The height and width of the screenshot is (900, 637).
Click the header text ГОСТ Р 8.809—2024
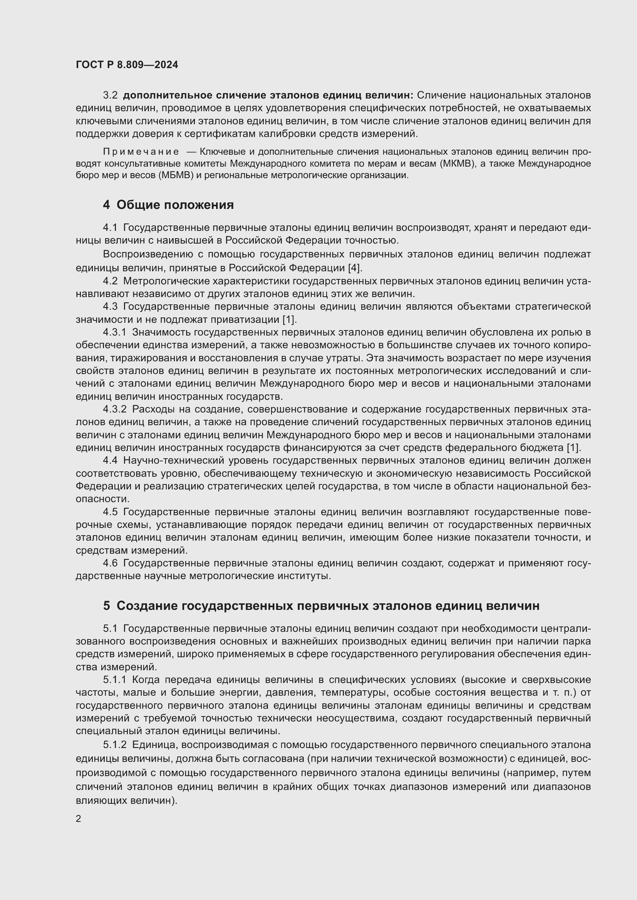pos(127,65)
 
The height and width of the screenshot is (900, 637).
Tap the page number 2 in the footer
pos(79,819)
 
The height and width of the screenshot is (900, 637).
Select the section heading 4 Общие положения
pos(168,205)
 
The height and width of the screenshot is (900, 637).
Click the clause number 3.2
pos(110,95)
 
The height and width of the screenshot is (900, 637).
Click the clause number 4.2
pos(110,281)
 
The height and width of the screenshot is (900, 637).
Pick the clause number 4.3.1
pos(114,332)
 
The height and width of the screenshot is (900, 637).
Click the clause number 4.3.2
pos(114,409)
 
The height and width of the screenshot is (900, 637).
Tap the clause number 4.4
pos(110,461)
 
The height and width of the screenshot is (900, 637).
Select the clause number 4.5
pos(110,512)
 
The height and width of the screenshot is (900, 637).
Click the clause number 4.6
pos(110,563)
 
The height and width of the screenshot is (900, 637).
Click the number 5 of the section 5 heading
pos(107,606)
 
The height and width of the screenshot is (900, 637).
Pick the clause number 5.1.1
pos(114,680)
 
